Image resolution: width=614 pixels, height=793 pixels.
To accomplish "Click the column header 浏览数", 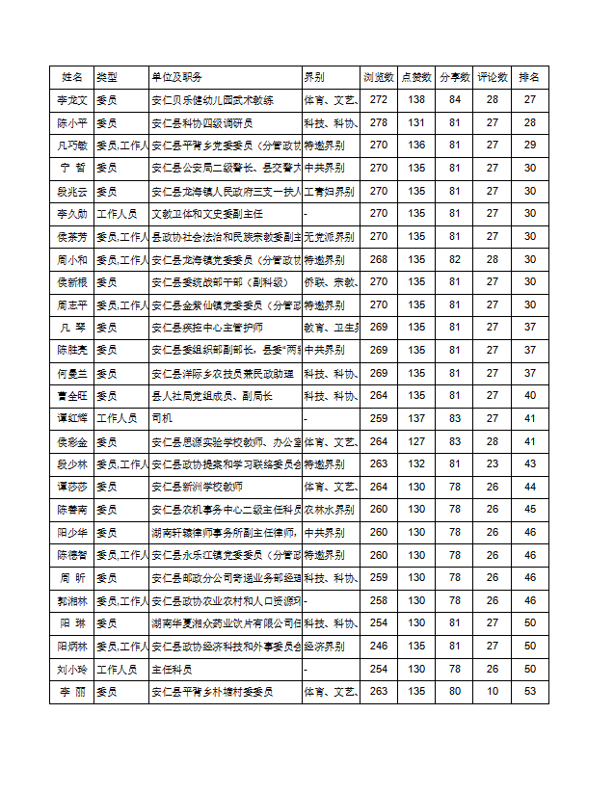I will [379, 77].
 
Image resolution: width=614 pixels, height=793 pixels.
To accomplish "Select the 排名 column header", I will [529, 77].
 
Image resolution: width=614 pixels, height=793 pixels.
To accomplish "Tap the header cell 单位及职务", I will [177, 77].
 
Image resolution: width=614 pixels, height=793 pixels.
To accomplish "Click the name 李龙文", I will [71, 100].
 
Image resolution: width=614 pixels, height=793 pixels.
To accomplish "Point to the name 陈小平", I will [71, 122].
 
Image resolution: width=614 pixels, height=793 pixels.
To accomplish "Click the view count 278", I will [379, 122].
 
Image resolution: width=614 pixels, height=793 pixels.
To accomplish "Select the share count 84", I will [455, 100].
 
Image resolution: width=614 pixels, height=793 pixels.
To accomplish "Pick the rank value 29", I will [529, 145].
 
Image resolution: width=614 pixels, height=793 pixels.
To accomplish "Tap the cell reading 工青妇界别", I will [329, 191].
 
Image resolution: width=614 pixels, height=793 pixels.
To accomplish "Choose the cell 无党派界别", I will [329, 236].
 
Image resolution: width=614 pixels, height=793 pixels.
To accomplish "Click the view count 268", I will [379, 259].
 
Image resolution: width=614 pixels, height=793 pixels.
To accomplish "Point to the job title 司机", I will [161, 419].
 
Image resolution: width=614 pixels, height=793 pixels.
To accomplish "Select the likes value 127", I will [416, 441].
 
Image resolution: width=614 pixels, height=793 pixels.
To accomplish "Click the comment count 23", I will [493, 464].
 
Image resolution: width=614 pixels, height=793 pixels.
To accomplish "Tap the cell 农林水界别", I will [329, 510].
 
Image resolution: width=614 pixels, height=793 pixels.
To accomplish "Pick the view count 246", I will [379, 647].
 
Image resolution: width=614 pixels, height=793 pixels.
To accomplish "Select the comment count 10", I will [493, 692].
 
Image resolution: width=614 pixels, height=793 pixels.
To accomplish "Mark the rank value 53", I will [529, 692].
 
